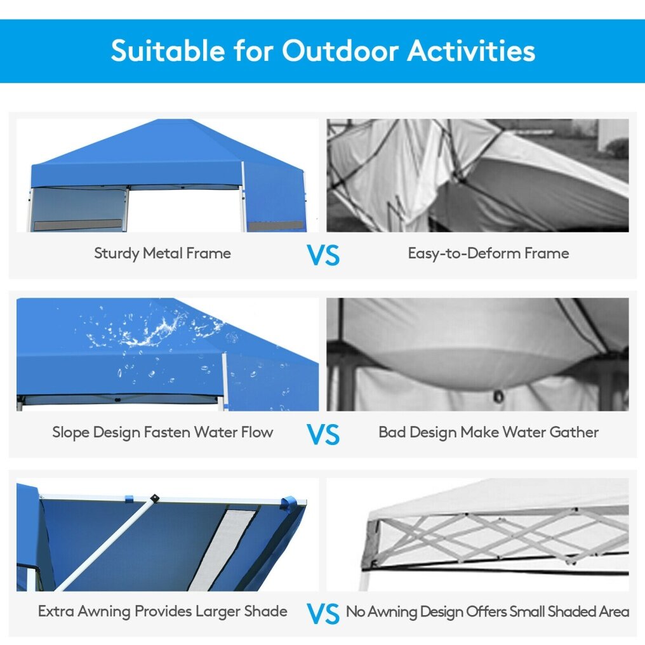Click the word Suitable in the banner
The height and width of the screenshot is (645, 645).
[168, 51]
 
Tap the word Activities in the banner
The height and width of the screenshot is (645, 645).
[472, 51]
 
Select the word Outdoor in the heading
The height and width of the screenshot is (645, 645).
[340, 51]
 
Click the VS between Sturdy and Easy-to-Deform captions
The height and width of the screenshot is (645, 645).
[323, 255]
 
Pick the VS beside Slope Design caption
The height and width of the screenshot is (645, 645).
[323, 434]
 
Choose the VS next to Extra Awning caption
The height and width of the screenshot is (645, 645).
[323, 614]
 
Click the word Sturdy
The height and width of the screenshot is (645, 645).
[116, 253]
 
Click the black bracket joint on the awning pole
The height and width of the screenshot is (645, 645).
[155, 498]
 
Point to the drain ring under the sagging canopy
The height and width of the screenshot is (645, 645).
[498, 397]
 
